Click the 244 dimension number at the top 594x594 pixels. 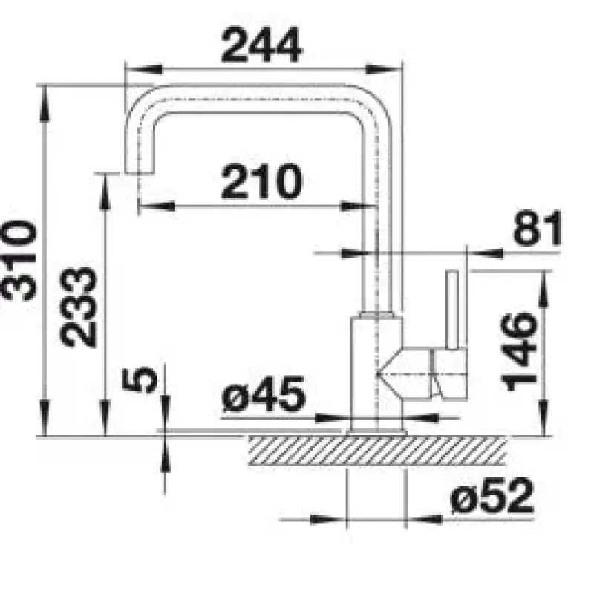(x=262, y=45)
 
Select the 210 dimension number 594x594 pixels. (x=262, y=181)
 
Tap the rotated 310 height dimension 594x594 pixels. (x=19, y=261)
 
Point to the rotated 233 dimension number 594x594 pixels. (x=79, y=307)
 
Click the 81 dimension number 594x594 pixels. (x=538, y=228)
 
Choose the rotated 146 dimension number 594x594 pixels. (x=518, y=351)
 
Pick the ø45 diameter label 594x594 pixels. (x=264, y=394)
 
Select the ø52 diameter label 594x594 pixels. (x=492, y=495)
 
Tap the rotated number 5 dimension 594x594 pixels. (x=140, y=379)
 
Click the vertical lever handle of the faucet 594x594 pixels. (x=452, y=310)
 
